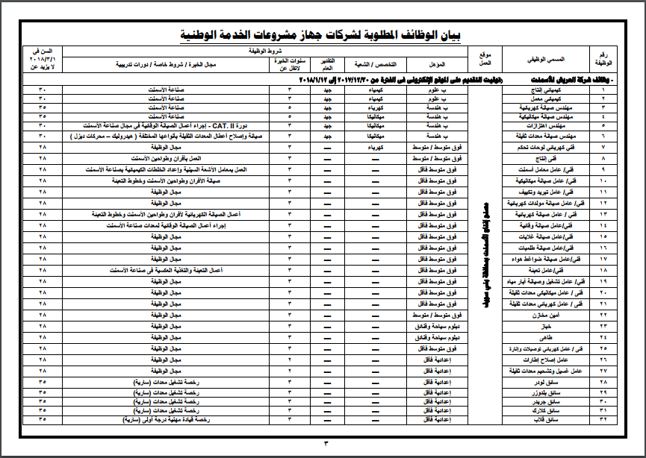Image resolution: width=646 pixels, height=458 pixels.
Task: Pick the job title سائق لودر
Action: [x=540, y=380]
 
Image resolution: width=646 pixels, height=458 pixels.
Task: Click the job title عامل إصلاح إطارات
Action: [x=540, y=359]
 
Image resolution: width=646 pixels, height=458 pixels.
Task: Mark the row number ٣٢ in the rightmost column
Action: [x=603, y=420]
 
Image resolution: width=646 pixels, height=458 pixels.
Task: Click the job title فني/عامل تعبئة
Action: [x=540, y=269]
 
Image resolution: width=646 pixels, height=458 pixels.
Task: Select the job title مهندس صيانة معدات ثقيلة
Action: [x=540, y=138]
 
